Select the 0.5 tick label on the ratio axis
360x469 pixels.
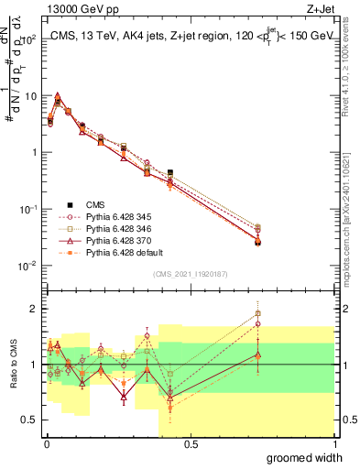click(x=31, y=421)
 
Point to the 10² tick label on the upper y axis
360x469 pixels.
click(x=30, y=39)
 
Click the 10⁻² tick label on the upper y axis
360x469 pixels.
click(x=29, y=266)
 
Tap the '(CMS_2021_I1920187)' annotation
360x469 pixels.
click(x=190, y=274)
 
